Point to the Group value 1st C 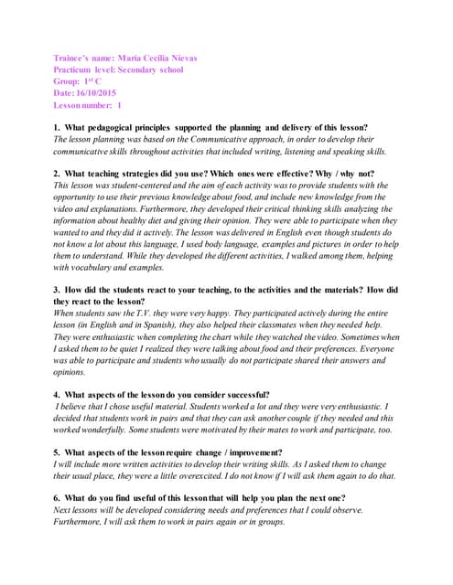tap(92, 81)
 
